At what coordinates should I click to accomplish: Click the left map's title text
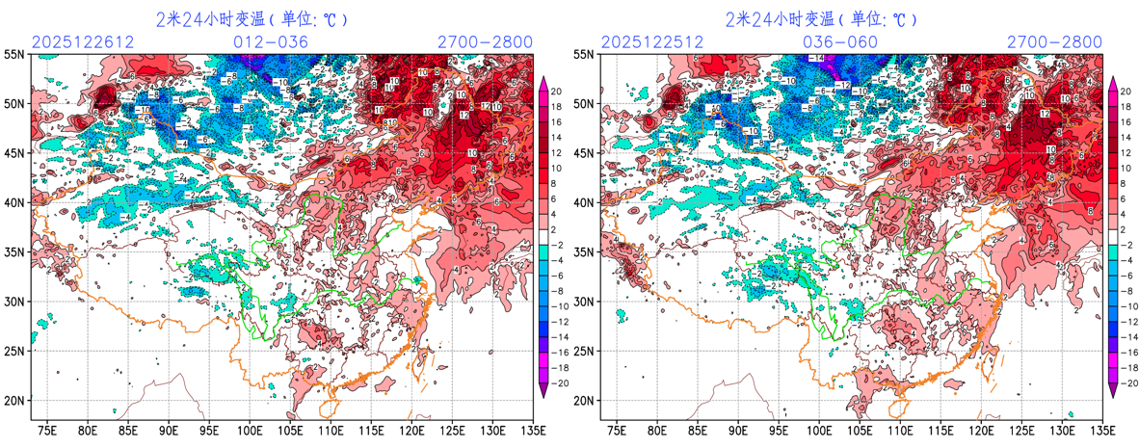[252, 18]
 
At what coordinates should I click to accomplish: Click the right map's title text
[821, 18]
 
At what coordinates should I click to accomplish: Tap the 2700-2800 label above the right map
[1054, 41]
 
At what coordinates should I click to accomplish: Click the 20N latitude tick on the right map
[584, 400]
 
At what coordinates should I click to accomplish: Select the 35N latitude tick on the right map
[584, 251]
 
